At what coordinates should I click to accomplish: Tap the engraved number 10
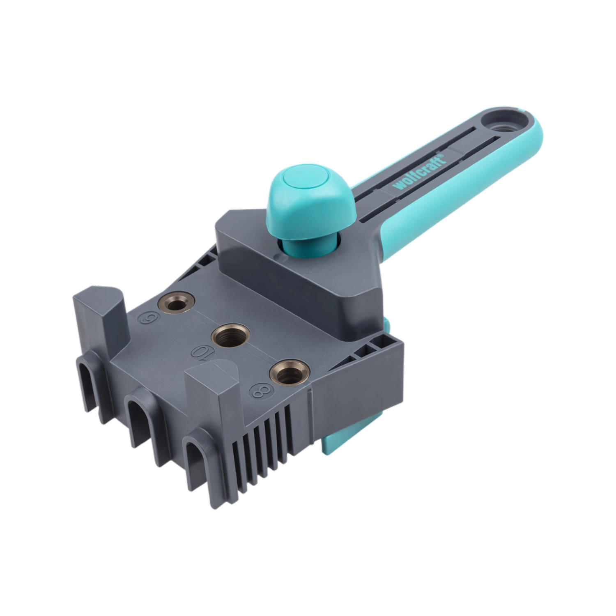click(x=200, y=353)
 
